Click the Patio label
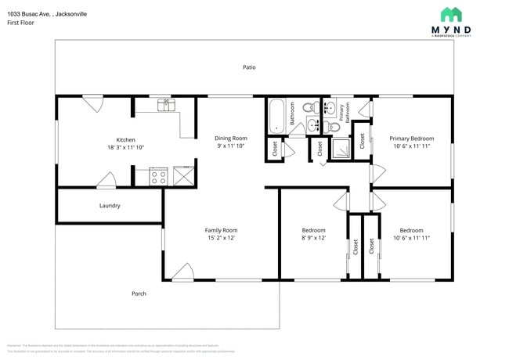[x=249, y=67]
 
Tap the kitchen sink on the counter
[x=164, y=103]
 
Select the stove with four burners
[x=158, y=176]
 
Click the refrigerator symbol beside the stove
[x=183, y=176]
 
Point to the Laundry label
[x=110, y=206]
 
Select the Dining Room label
[x=232, y=138]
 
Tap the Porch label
[x=139, y=293]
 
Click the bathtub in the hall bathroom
[x=276, y=117]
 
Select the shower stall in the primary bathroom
[x=340, y=148]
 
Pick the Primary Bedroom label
[x=411, y=138]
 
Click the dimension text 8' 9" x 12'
[x=313, y=238]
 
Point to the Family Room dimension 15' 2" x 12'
[x=221, y=238]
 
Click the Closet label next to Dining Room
[x=275, y=146]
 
